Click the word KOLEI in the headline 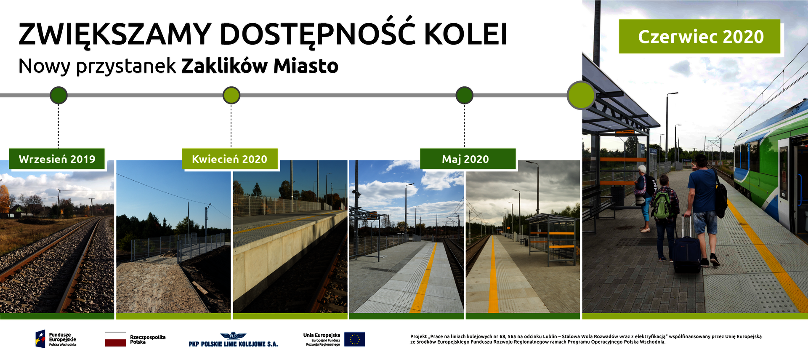tap(465, 34)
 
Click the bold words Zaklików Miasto tap(260, 66)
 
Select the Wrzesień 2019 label tap(57, 159)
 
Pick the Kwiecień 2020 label tap(230, 159)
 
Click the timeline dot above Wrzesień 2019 tap(58, 95)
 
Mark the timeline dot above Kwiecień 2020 tap(231, 95)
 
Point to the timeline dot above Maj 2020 tap(464, 95)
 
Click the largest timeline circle tap(581, 95)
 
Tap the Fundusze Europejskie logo tap(56, 339)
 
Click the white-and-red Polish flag tap(115, 339)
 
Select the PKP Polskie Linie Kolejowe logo tap(233, 340)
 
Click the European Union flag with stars tap(355, 339)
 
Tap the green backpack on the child tap(661, 204)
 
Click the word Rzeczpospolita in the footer tap(148, 337)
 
